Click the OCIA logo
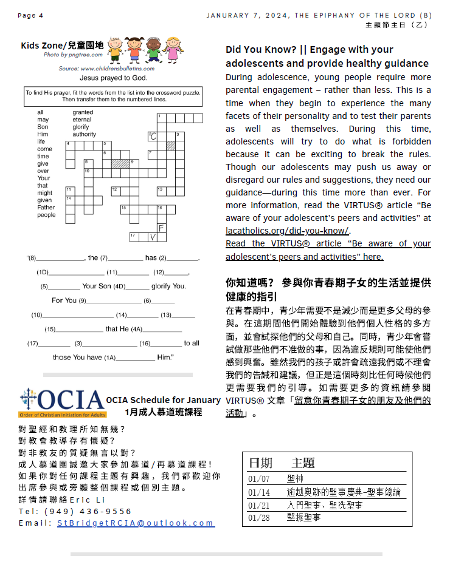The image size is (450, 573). [x=62, y=401]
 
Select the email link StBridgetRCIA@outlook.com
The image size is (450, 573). [x=136, y=523]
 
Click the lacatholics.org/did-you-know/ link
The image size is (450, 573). [x=287, y=230]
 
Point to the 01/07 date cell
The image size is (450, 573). [x=259, y=478]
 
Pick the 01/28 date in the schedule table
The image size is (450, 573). [x=259, y=518]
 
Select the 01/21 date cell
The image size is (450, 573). [x=259, y=505]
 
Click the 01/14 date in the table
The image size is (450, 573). [x=259, y=492]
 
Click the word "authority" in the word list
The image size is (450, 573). [x=85, y=134]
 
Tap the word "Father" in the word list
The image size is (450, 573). [x=46, y=208]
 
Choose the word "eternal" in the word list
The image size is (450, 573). [x=83, y=120]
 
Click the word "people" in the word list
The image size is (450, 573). [x=46, y=215]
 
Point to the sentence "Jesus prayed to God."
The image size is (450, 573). [x=114, y=78]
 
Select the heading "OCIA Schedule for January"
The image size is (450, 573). [x=163, y=400]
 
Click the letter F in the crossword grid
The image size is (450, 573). [x=161, y=228]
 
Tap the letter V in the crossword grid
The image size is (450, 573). [x=152, y=236]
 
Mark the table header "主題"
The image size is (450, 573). [x=303, y=463]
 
